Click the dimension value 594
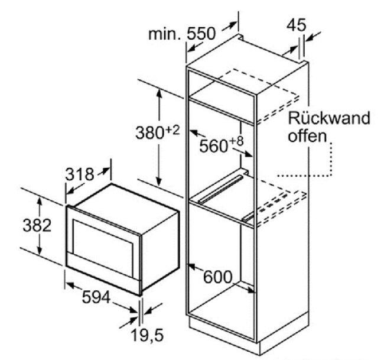point(96,297)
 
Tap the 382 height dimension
point(37,225)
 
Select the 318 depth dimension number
point(80,174)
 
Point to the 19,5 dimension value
point(148,335)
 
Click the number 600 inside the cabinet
point(217,277)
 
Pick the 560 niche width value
point(213,146)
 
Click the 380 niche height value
point(150,133)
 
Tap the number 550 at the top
point(201,34)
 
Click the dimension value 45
point(297,25)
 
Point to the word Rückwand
point(329,118)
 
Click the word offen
point(308,135)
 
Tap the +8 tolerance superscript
point(236,141)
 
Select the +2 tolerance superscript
point(173,130)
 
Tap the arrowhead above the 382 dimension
point(39,202)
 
